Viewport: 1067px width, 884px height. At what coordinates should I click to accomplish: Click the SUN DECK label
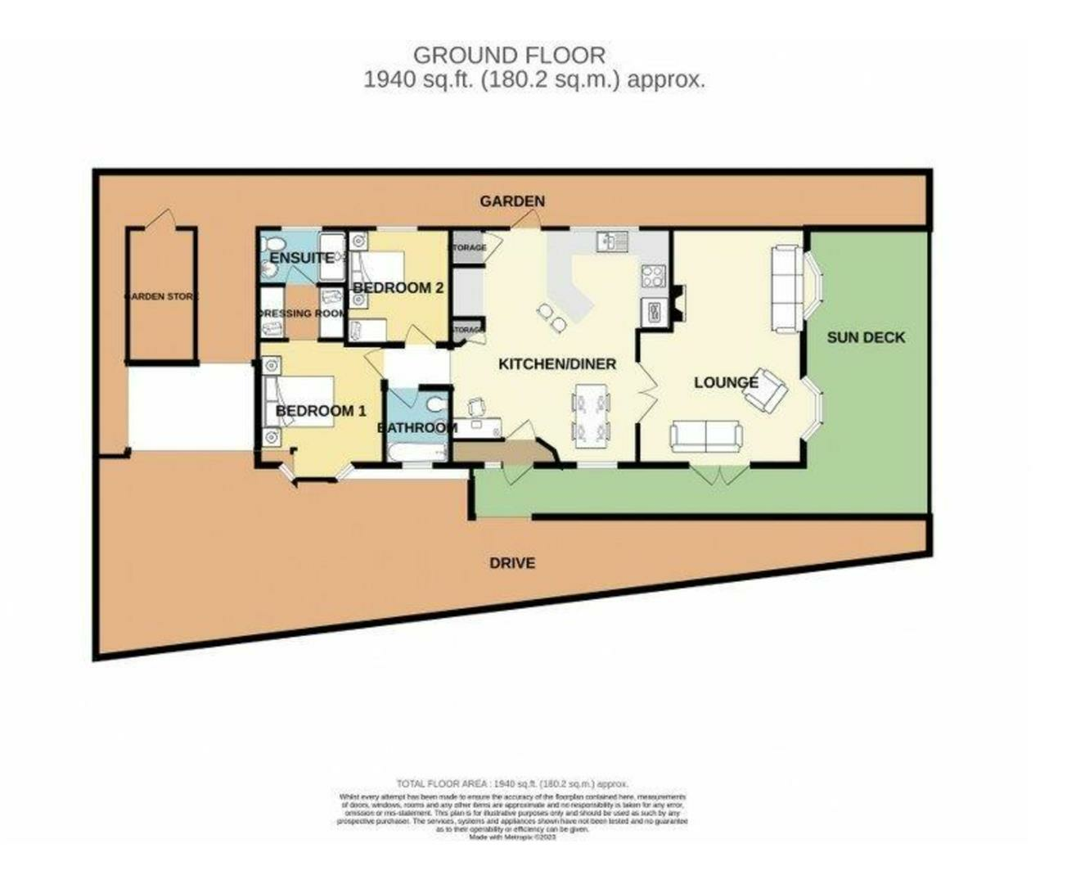coord(865,337)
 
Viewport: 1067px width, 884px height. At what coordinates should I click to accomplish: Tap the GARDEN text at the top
coord(512,201)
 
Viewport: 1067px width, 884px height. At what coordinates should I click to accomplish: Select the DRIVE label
coord(512,563)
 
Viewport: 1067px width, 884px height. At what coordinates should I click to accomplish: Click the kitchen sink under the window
coord(611,240)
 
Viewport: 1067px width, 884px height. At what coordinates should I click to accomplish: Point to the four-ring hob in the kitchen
coord(653,276)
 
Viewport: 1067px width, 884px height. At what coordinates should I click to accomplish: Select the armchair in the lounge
coord(766,389)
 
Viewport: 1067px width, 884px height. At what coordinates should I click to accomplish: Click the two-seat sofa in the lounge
coord(705,436)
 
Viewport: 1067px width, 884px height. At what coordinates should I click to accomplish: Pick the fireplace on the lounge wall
coord(678,304)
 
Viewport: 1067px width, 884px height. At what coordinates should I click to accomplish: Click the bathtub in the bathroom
coord(417,453)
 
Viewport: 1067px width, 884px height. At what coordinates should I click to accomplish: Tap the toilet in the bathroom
coord(436,405)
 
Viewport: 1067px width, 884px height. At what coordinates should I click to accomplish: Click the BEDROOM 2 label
coord(398,288)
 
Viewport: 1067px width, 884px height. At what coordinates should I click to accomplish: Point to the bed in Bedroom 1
coord(299,401)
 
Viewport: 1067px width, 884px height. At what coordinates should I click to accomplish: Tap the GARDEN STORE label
coord(160,296)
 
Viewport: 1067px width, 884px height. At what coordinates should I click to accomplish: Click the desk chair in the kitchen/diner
coord(476,406)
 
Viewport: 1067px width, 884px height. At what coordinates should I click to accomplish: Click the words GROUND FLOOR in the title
coord(509,56)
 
